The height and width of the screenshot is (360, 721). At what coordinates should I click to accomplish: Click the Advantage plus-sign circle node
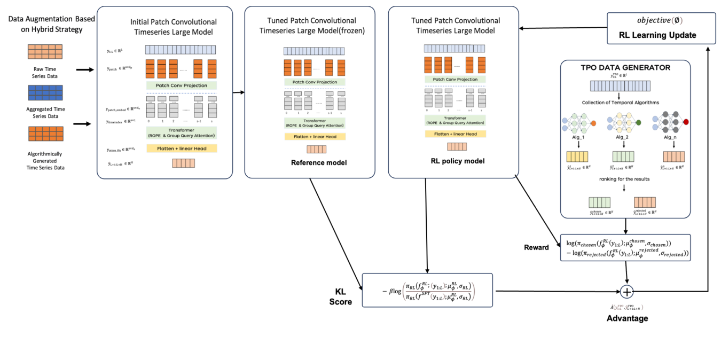click(x=626, y=292)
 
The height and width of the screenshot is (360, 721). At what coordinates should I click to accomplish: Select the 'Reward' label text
click(x=536, y=247)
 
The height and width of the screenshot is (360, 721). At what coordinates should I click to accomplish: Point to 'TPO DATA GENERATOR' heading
click(x=625, y=68)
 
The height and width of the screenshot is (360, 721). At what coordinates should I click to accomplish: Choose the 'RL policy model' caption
click(x=457, y=160)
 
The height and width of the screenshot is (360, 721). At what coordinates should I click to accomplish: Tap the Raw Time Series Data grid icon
click(x=45, y=52)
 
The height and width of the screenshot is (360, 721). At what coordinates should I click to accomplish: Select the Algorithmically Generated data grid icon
click(x=45, y=134)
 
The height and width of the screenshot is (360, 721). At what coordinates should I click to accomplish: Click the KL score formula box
click(x=428, y=290)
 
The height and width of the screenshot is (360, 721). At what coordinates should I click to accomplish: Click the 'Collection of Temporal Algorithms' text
click(x=624, y=102)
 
